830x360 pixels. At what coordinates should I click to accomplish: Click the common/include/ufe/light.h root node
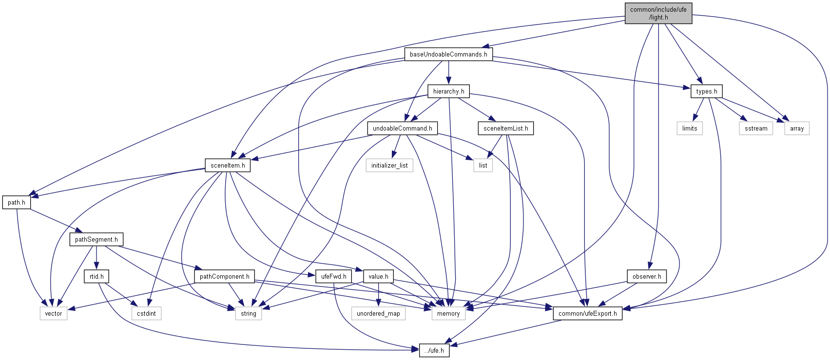click(658, 13)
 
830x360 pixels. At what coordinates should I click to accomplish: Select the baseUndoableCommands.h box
click(448, 54)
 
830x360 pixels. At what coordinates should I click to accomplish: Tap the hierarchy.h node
click(448, 91)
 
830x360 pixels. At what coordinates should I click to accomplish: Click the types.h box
click(706, 91)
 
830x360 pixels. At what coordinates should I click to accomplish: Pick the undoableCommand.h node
click(402, 128)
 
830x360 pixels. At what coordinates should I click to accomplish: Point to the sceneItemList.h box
click(505, 128)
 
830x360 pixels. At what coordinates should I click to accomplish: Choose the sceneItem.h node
click(228, 165)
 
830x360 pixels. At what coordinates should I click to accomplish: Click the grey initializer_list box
click(389, 165)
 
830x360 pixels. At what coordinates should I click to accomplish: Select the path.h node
click(17, 202)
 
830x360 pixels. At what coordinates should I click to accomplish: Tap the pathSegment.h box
click(96, 239)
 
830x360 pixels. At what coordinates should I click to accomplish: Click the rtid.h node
click(97, 276)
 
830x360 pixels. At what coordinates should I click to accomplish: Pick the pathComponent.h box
click(224, 276)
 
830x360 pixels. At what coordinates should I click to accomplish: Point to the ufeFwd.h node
click(333, 276)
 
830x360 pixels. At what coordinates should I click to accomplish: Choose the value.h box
click(378, 276)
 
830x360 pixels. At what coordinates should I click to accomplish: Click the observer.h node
click(647, 276)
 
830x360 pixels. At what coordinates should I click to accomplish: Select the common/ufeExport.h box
click(587, 313)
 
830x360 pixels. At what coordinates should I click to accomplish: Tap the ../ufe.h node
click(434, 350)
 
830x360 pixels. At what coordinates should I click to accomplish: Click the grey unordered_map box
click(378, 313)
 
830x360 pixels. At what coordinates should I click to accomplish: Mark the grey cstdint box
click(146, 313)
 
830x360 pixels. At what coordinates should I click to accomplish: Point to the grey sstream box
click(756, 128)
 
